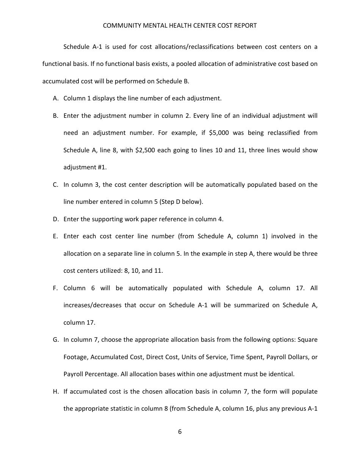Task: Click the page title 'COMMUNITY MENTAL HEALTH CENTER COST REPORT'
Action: [180, 26]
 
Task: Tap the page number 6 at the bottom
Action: [180, 432]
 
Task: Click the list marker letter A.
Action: [55, 99]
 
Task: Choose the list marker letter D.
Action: [55, 219]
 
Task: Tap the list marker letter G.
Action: [55, 340]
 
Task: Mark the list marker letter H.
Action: [55, 392]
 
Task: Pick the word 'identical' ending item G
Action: [281, 374]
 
